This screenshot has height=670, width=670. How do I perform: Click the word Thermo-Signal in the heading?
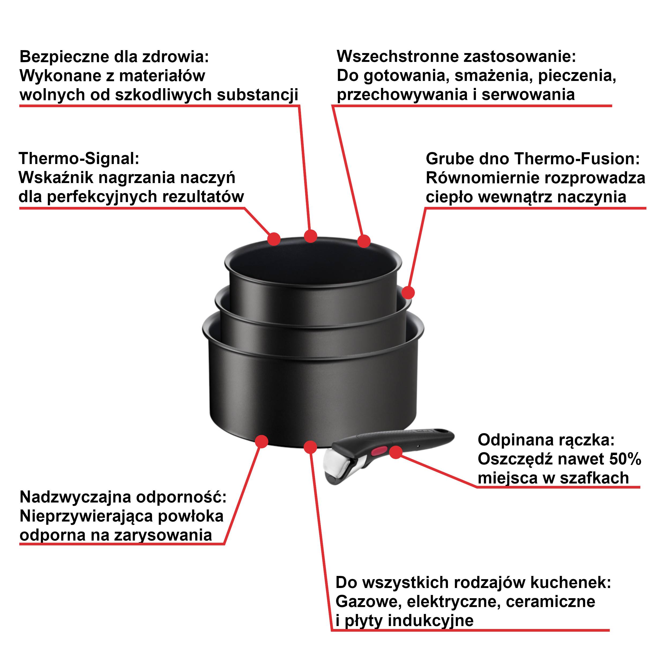[78, 159]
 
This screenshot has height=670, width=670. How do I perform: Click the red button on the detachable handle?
[379, 451]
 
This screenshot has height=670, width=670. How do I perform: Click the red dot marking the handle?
[396, 452]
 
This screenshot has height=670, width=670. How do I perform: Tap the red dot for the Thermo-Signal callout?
[274, 239]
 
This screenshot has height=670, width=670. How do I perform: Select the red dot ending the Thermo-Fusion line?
[408, 293]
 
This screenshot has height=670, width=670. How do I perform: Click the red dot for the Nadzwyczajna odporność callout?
[262, 441]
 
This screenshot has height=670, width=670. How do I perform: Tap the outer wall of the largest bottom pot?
[312, 392]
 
